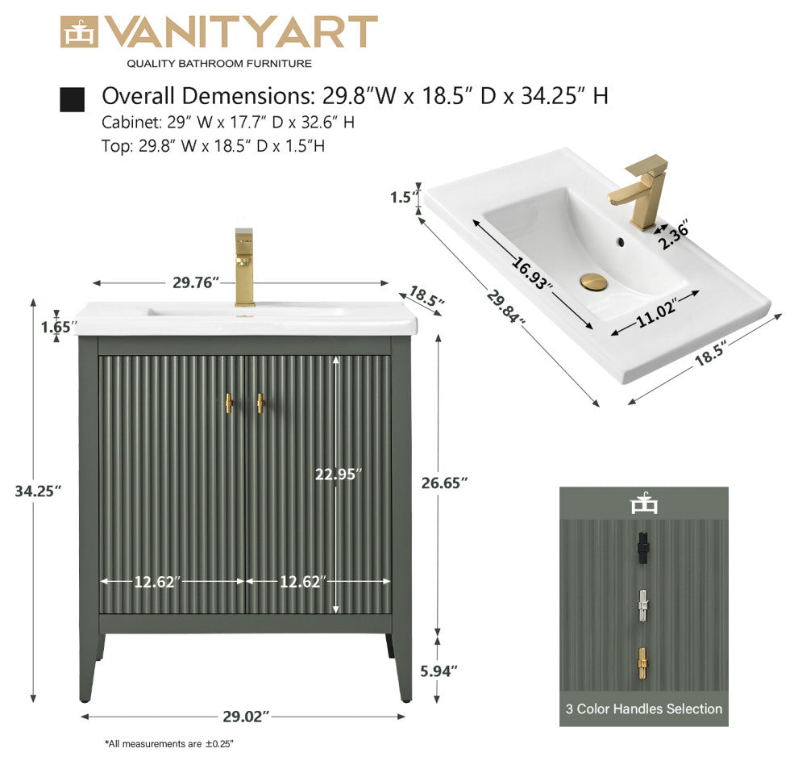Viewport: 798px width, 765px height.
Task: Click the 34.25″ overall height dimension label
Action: point(38,491)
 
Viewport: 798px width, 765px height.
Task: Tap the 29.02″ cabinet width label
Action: point(246,717)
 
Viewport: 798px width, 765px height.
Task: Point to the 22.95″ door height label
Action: point(339,474)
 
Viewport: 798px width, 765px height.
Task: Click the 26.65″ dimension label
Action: point(444,483)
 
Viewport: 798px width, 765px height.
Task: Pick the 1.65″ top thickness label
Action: point(59,327)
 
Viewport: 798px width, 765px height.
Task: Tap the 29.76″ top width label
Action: point(196,282)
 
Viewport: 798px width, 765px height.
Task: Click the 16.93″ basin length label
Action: point(532,274)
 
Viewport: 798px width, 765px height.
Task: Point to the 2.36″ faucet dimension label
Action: point(675,235)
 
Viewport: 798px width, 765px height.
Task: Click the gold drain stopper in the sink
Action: point(594,282)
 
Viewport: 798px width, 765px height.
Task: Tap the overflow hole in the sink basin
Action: point(620,242)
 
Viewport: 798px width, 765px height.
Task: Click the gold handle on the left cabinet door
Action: point(229,403)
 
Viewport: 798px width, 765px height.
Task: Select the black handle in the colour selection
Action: point(642,547)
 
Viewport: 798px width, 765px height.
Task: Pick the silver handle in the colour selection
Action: point(642,606)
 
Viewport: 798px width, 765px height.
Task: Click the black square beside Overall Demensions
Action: point(73,99)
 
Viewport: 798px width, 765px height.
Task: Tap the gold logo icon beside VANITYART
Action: point(79,32)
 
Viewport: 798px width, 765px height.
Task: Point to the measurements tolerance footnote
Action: point(169,744)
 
